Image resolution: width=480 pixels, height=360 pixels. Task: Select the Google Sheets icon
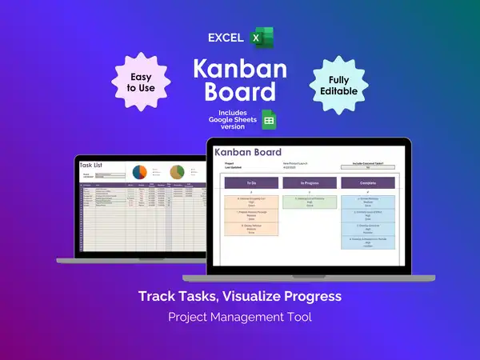point(270,121)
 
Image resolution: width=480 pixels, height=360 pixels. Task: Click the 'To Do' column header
point(251,183)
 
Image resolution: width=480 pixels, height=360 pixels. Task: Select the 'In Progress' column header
point(308,183)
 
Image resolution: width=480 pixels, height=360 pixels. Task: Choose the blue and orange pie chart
point(139,172)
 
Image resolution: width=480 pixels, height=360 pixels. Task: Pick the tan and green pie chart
point(177,172)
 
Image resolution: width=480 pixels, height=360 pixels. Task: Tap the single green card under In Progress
point(308,202)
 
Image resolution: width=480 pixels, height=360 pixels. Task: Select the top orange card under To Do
point(251,203)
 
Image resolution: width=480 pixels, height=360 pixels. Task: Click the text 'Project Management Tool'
point(240,317)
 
